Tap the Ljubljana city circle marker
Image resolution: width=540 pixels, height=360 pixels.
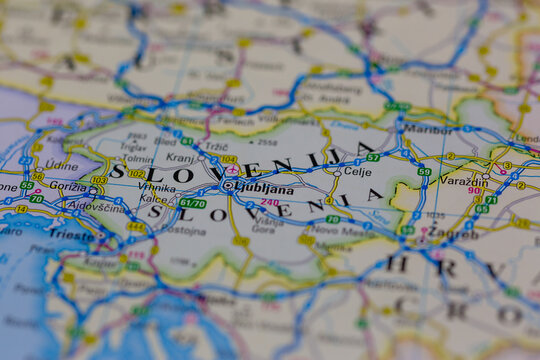[x=229, y=185]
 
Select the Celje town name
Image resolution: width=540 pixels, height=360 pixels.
[x=357, y=172]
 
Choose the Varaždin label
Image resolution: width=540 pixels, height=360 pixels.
[x=464, y=181]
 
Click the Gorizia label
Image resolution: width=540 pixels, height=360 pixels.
[x=67, y=187]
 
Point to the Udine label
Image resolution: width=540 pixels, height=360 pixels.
[x=60, y=165]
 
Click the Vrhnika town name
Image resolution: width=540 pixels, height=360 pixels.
[x=157, y=187]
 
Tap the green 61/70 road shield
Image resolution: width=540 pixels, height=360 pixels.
[x=192, y=203]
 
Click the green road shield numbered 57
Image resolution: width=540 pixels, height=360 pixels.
[x=372, y=157]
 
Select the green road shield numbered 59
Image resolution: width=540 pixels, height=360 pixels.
[x=424, y=172]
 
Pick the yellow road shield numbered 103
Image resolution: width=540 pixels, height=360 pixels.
[x=98, y=181]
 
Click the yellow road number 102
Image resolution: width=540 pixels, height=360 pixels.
[x=136, y=174]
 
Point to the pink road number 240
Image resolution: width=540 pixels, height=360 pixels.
[x=269, y=202]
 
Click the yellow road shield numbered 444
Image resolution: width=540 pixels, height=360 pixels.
[x=135, y=227]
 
